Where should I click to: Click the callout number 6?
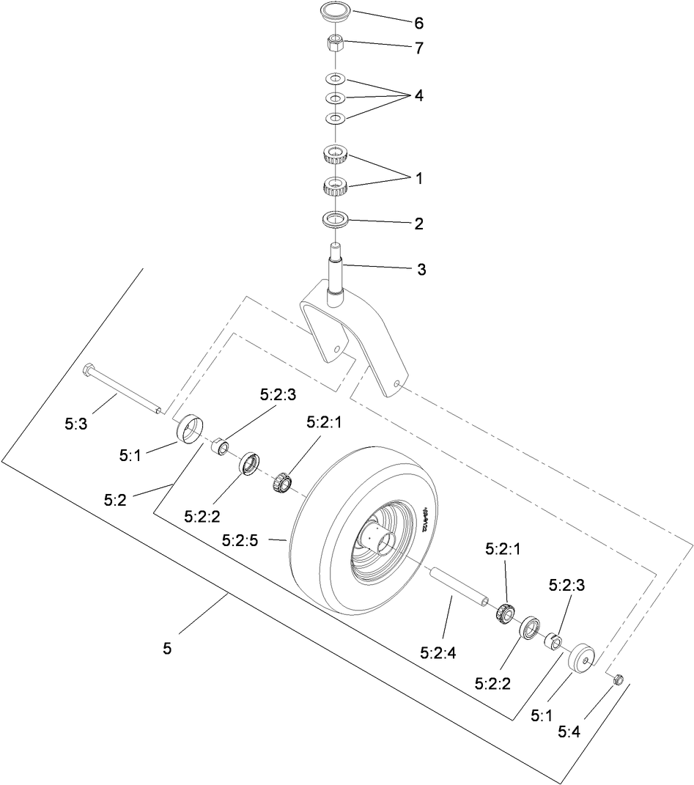(x=418, y=23)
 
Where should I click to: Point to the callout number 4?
(x=418, y=96)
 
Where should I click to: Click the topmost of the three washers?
(x=335, y=78)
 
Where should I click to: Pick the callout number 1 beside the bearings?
(x=418, y=178)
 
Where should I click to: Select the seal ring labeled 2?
(x=335, y=218)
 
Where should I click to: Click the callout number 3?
(x=421, y=270)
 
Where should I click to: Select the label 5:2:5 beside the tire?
(x=240, y=540)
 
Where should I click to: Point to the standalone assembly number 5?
(x=167, y=649)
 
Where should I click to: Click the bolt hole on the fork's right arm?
(x=396, y=383)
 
